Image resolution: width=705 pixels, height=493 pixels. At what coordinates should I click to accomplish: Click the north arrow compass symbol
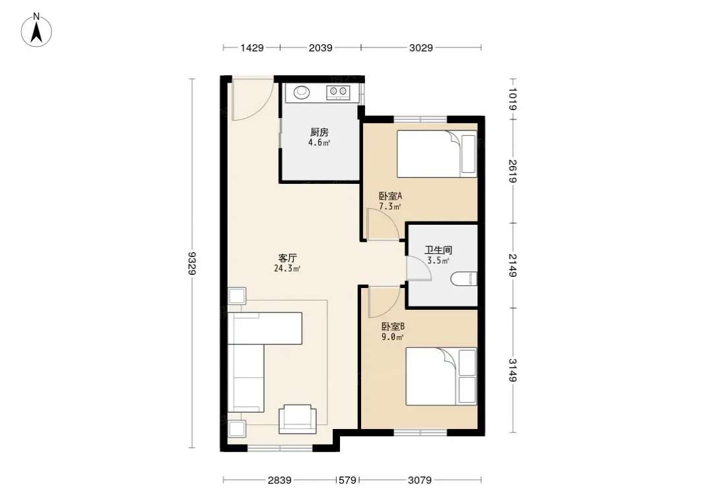36,30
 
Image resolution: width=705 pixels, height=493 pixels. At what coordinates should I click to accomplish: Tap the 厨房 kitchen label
319,132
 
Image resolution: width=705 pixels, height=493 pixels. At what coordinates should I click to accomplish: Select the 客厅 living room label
287,258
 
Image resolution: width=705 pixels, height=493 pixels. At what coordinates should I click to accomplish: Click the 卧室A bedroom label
390,196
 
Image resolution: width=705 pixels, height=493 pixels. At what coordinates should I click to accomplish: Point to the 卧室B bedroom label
393,326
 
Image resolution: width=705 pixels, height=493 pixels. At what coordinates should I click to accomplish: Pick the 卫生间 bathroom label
438,250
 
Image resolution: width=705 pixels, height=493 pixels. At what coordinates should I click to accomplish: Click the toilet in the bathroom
463,278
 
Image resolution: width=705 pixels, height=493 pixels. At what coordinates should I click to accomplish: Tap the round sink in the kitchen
302,92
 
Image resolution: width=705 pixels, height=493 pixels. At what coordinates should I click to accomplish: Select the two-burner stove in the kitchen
338,92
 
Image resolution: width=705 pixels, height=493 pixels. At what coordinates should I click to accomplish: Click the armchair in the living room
297,419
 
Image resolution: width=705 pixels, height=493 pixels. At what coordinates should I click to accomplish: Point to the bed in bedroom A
436,154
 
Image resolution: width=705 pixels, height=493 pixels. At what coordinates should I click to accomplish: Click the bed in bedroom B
441,376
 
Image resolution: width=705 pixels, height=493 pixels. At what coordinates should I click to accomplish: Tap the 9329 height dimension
193,263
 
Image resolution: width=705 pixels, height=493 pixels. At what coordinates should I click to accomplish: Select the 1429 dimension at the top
252,47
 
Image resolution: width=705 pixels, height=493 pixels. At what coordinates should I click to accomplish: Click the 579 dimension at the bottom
348,480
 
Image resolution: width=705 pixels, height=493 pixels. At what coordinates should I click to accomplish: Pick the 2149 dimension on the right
512,266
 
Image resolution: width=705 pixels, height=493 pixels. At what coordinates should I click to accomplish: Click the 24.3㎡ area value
287,268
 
